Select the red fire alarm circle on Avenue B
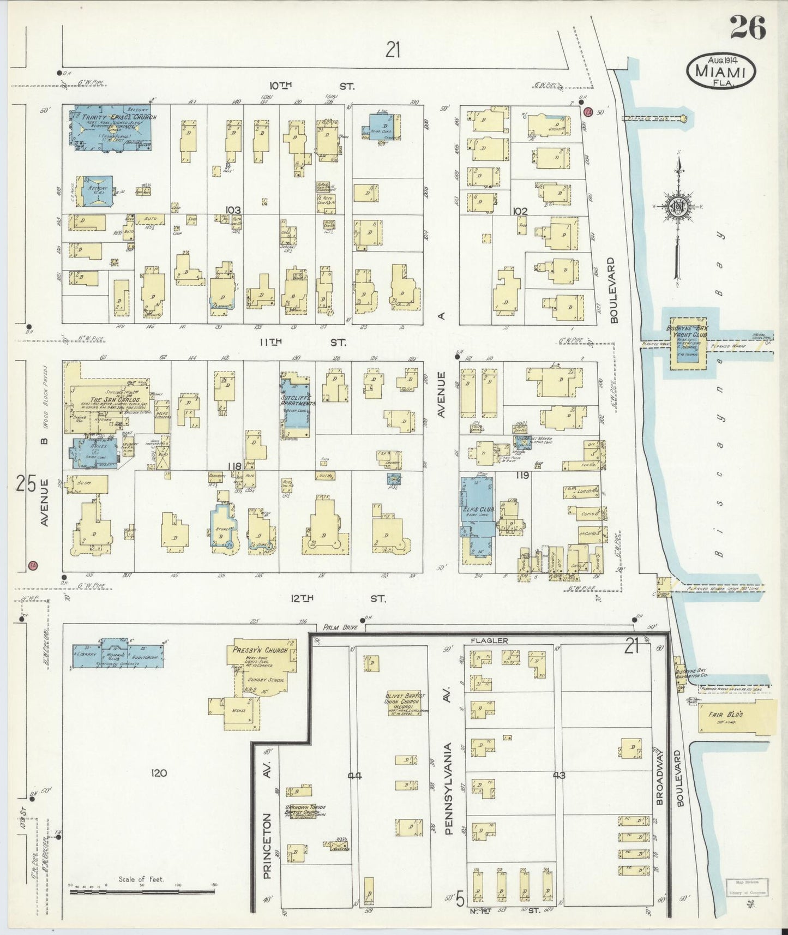33,565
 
